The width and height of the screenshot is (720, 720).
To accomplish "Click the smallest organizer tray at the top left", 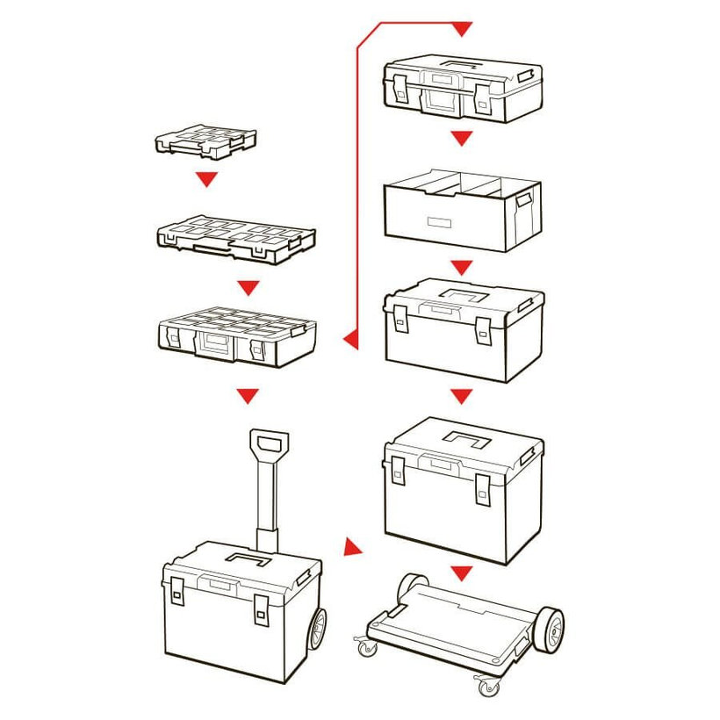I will [205, 140].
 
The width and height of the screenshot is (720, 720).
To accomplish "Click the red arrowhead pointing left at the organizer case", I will [349, 337].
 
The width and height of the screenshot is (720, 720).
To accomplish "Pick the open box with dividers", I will [464, 210].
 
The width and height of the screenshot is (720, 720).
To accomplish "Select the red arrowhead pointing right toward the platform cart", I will [352, 549].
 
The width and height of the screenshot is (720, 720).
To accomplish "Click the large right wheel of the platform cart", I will [548, 629].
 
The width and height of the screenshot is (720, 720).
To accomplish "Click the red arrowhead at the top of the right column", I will [462, 31].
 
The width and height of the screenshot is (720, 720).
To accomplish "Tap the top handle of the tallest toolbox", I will [464, 437].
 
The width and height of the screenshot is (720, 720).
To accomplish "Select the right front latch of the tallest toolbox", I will [483, 488].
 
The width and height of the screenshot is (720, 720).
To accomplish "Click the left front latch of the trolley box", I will [177, 594].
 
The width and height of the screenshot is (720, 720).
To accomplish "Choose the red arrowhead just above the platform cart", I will [462, 573].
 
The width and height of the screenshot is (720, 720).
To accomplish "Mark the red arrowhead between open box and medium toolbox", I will [462, 267].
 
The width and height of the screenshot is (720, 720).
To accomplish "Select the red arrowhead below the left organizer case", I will [250, 396].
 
